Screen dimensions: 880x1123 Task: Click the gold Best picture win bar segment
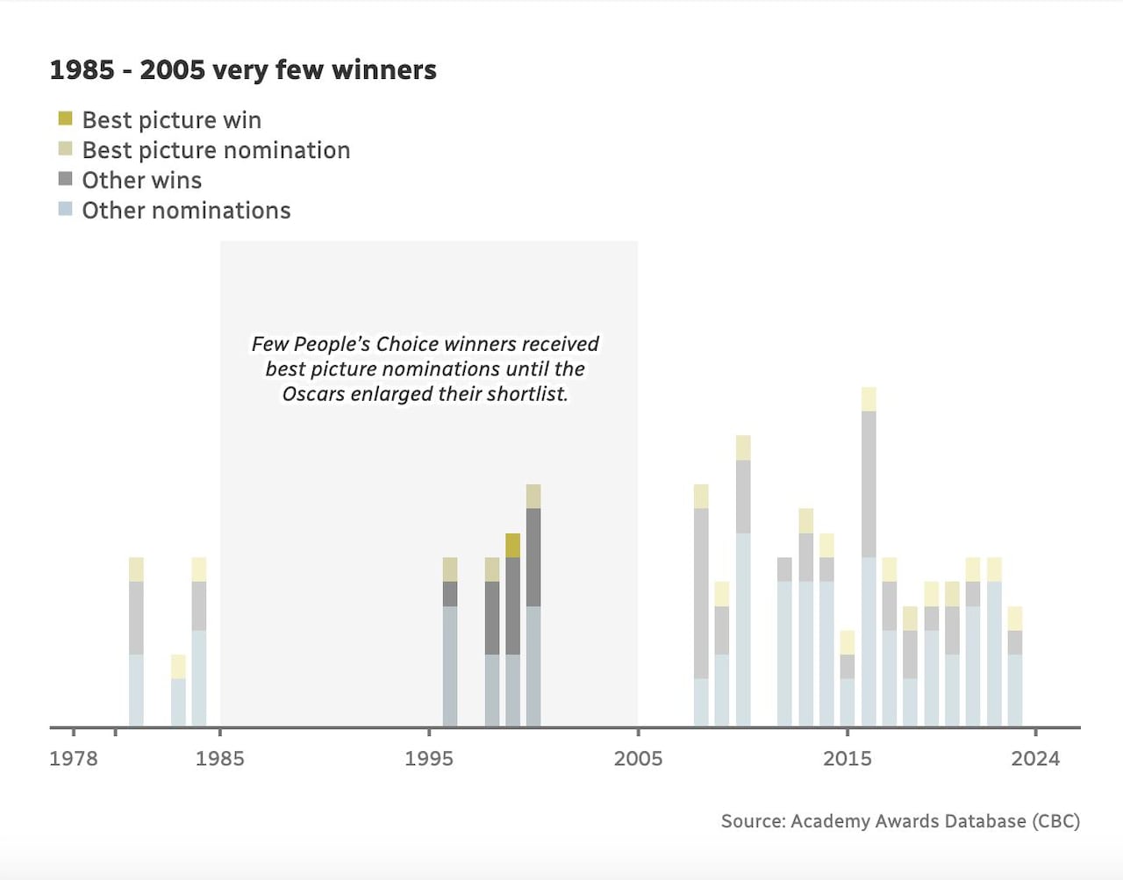coord(512,545)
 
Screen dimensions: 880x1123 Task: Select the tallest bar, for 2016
coord(869,562)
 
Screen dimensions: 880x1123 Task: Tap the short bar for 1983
coord(178,693)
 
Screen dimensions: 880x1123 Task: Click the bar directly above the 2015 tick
coord(847,680)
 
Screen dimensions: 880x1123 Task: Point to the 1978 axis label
coord(74,758)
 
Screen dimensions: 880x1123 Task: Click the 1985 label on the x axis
coord(219,758)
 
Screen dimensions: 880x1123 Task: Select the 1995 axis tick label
coord(429,758)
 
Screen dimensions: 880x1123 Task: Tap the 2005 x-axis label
coord(638,758)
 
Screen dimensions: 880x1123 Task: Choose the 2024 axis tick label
coord(1035,758)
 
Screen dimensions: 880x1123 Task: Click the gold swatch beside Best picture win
coord(65,118)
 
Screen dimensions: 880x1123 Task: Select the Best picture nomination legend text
coord(216,150)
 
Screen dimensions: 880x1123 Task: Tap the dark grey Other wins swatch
coord(65,179)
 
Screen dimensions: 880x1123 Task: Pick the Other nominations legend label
coord(186,211)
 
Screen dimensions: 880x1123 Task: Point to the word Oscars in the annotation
coord(313,394)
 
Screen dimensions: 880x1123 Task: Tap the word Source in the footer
coord(752,821)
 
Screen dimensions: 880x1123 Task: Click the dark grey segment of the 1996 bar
coord(450,594)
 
